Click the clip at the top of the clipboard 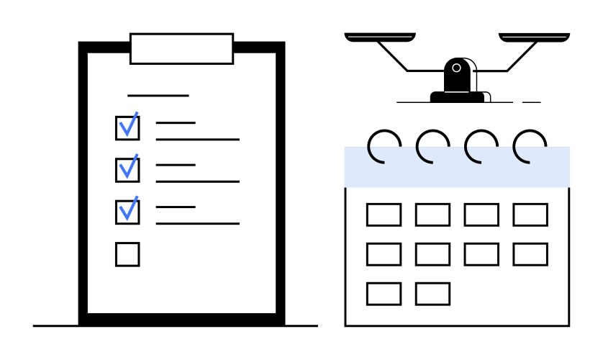click(181, 48)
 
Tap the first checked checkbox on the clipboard click(127, 127)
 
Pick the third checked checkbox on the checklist click(127, 211)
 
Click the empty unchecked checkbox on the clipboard click(127, 254)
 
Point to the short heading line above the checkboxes click(158, 95)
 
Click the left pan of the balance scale click(380, 36)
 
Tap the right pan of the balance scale click(534, 36)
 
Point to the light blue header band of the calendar click(457, 168)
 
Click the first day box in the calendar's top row click(384, 215)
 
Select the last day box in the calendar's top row click(530, 215)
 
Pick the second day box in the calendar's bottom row click(432, 293)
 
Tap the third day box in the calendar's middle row click(481, 253)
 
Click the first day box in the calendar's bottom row click(384, 293)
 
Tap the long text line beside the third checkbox click(197, 223)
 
